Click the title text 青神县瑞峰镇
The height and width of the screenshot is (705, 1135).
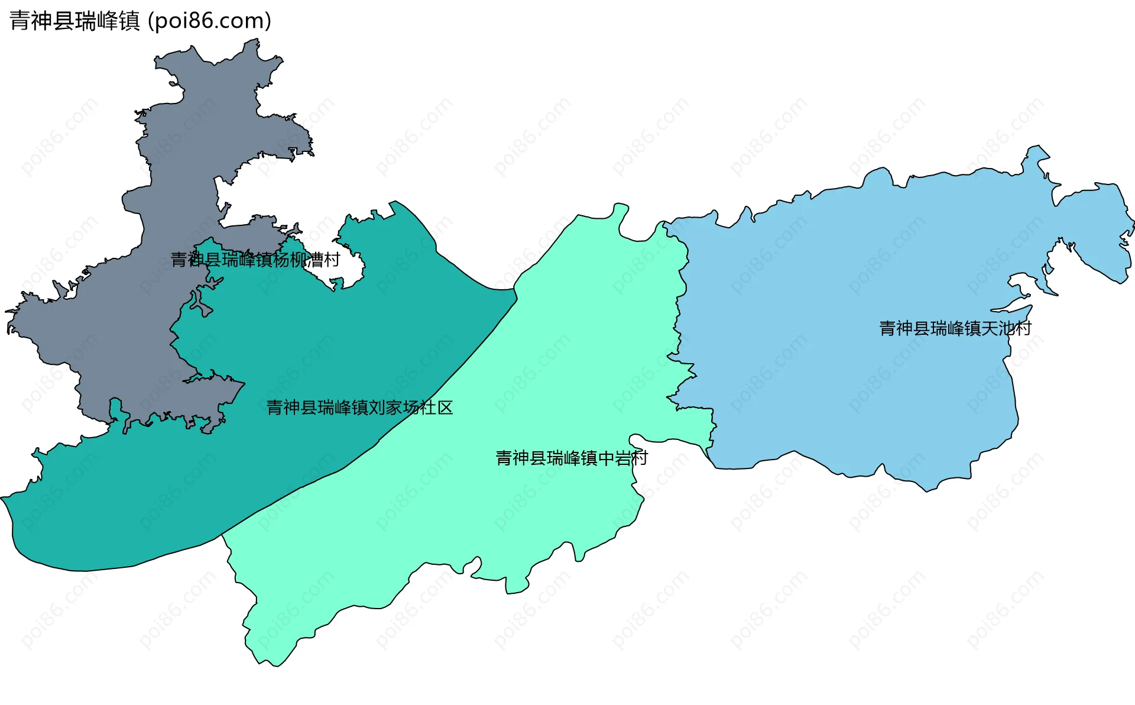click(74, 21)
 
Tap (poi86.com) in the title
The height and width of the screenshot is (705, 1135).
click(209, 21)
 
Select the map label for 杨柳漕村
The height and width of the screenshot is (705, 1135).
click(255, 260)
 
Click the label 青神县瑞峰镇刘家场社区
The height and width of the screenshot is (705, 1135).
click(359, 408)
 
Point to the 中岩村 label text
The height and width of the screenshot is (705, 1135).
click(572, 458)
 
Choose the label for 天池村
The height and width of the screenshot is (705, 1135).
click(955, 328)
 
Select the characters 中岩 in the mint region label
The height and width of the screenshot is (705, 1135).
click(614, 458)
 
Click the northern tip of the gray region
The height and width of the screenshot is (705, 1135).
click(255, 41)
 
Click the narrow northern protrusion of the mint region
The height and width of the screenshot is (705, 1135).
click(621, 209)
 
